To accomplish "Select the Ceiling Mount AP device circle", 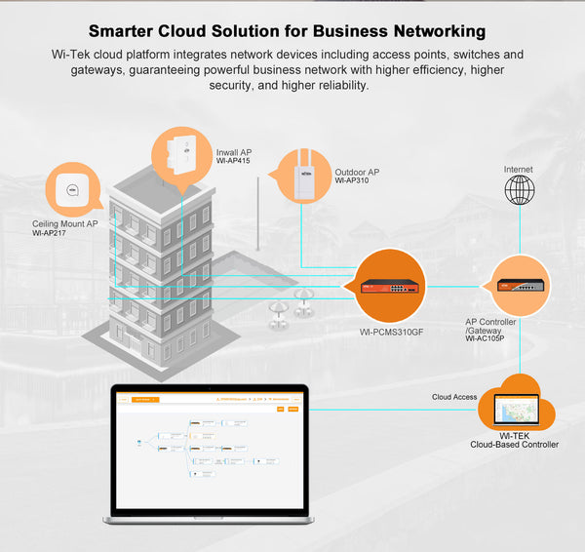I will tap(72, 188).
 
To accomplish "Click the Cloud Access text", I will tap(454, 397).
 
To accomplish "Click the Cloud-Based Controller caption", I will tap(514, 445).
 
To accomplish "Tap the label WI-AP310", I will tap(353, 181).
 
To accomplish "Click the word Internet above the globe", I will tap(519, 169).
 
